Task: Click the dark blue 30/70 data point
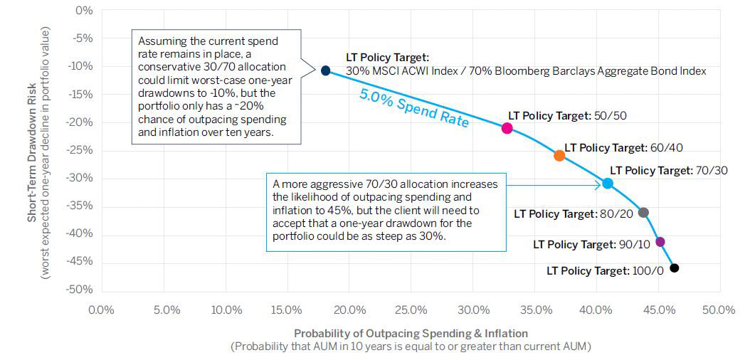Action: [x=325, y=70]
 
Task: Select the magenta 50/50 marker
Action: [x=507, y=128]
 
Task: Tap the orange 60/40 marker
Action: [x=559, y=155]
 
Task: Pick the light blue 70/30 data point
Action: [x=607, y=184]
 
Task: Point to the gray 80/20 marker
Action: [x=643, y=213]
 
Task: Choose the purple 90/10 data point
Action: [x=660, y=242]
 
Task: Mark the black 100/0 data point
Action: [x=675, y=268]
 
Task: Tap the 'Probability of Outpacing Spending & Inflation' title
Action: [x=411, y=333]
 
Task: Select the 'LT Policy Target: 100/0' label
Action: [x=607, y=271]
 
